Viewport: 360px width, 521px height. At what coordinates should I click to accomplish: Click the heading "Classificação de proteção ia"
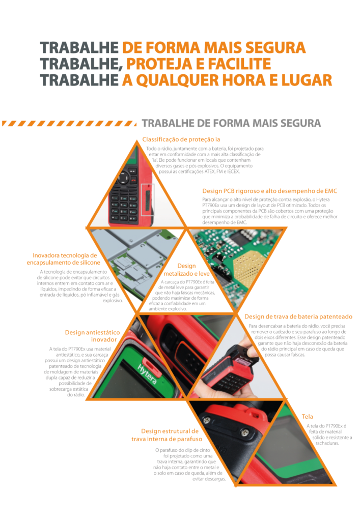click(x=181, y=139)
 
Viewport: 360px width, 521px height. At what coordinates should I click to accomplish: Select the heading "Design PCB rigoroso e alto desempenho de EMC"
click(x=269, y=191)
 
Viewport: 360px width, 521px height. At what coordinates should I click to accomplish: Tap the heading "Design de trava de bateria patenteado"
click(x=298, y=316)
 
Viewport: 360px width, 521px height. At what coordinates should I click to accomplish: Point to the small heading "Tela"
click(x=307, y=417)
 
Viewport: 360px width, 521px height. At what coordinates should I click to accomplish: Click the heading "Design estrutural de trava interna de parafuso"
click(x=167, y=435)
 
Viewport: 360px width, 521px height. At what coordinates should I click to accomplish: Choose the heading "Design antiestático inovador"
click(x=92, y=336)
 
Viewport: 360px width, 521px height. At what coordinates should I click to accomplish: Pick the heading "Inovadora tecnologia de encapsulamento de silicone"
click(x=64, y=259)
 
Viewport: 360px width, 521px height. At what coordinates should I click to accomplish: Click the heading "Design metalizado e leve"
click(x=186, y=270)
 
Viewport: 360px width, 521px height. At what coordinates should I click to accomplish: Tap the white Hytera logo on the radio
click(x=147, y=374)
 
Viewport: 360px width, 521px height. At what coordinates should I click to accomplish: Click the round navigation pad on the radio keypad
click(x=123, y=178)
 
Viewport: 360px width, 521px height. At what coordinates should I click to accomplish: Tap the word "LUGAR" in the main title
click(x=307, y=80)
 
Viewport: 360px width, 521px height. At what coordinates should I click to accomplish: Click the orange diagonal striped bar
click(x=69, y=124)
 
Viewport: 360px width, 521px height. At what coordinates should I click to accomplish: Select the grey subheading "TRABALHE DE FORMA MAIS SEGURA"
click(x=231, y=123)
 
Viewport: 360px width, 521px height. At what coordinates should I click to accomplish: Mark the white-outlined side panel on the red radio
click(x=148, y=199)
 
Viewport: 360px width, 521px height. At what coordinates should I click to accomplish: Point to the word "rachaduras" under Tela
click(x=327, y=443)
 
